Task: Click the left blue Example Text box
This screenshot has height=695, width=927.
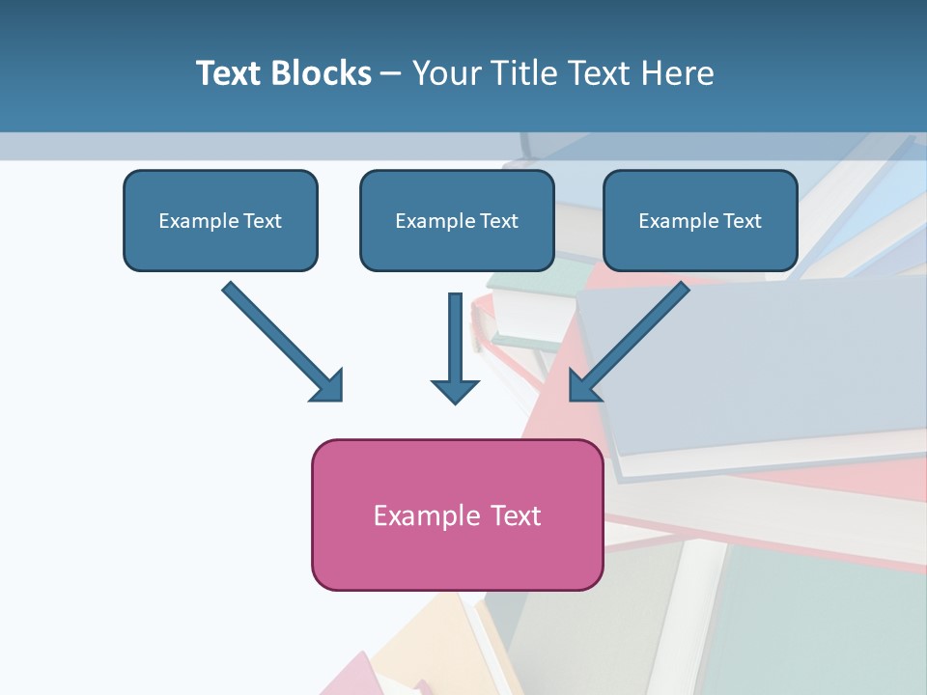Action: click(220, 220)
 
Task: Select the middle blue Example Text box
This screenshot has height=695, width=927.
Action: click(457, 220)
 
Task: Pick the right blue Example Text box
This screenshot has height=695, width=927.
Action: click(700, 220)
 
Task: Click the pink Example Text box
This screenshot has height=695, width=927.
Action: click(457, 515)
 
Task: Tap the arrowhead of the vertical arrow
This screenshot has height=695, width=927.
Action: click(455, 390)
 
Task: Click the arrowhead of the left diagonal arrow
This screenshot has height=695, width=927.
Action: click(329, 386)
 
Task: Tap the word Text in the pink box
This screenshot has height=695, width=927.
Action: click(517, 515)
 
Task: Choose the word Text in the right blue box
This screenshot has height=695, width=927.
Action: click(743, 220)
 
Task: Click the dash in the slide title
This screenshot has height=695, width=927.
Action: click(391, 74)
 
